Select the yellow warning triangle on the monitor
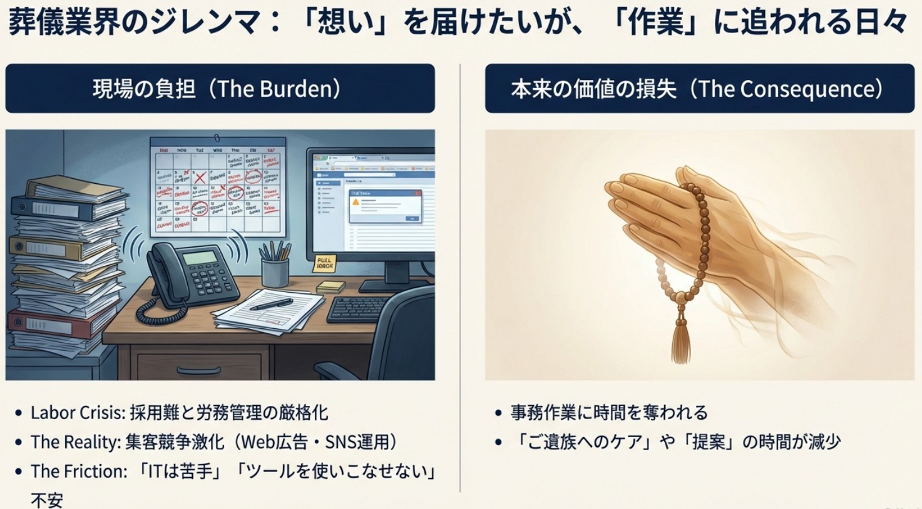[x=356, y=202]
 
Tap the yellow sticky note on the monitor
[x=324, y=263]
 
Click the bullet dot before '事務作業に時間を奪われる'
[x=498, y=413]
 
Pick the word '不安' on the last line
[x=47, y=500]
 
